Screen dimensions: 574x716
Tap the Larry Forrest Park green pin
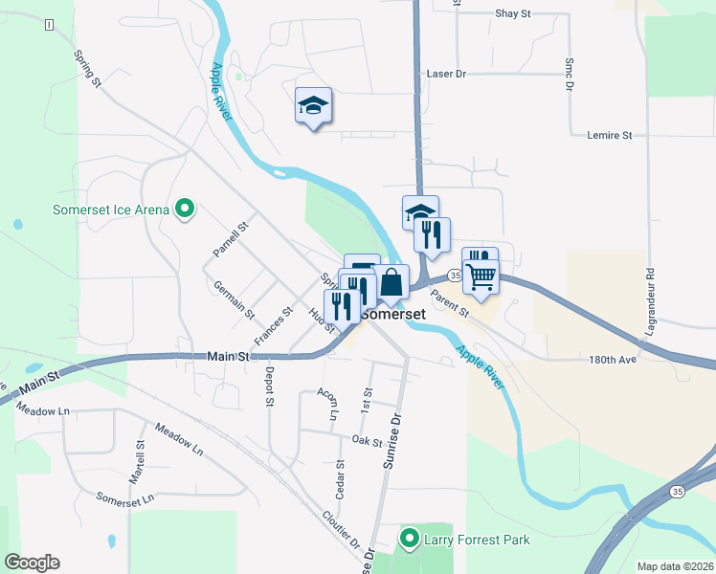[410, 540]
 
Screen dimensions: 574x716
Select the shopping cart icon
[481, 277]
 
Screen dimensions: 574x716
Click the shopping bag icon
[392, 283]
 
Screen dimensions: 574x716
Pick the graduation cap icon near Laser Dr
[313, 105]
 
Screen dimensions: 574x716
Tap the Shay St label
[512, 14]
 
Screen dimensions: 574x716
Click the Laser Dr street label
[445, 74]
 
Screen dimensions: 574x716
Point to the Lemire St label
[609, 136]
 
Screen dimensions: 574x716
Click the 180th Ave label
[614, 361]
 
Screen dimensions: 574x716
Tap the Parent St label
[449, 305]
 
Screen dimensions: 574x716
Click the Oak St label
[367, 440]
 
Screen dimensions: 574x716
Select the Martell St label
[139, 462]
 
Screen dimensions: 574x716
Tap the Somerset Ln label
[124, 498]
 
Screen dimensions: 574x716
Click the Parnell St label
[230, 240]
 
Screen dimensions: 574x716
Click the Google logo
[32, 563]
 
